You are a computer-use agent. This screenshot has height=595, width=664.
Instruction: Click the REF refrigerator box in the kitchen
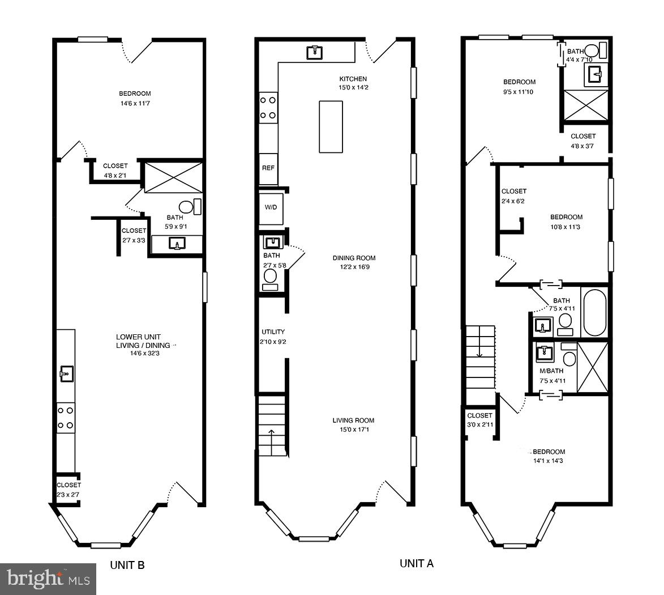tap(268, 168)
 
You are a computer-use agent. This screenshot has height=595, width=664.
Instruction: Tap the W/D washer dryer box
tap(271, 207)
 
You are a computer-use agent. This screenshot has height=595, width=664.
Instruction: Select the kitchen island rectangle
tap(331, 126)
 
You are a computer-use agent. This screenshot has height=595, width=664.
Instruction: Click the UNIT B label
tap(127, 565)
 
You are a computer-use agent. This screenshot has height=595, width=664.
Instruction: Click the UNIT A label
tap(417, 563)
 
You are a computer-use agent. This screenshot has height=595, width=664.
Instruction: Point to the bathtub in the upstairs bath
tap(595, 312)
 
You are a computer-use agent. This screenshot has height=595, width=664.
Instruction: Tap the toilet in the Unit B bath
tap(187, 207)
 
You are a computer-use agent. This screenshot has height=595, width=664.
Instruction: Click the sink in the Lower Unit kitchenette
tap(67, 373)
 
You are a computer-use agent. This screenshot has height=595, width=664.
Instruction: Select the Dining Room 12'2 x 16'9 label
tap(354, 262)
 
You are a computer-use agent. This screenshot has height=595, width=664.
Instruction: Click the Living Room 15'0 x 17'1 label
tap(354, 425)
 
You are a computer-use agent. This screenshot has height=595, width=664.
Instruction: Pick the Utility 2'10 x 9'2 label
tap(273, 337)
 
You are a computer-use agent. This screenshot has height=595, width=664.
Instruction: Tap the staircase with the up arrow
tap(272, 427)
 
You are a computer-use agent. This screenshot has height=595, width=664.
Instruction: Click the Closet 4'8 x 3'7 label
tap(582, 141)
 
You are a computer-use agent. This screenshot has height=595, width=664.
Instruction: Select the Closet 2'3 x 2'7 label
tap(68, 490)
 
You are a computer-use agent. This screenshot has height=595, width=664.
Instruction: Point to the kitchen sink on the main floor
tap(315, 53)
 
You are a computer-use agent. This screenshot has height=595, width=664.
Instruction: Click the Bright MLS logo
tap(48, 579)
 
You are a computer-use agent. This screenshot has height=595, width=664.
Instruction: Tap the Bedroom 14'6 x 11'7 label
tap(135, 99)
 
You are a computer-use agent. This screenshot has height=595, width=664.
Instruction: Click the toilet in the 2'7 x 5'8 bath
tap(271, 277)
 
